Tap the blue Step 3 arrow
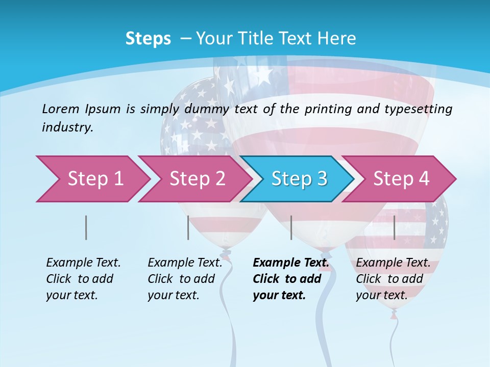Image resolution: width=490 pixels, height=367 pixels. (x=299, y=179)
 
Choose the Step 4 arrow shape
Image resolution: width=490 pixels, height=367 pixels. (x=401, y=179)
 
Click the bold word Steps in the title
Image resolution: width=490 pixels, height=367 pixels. (x=148, y=39)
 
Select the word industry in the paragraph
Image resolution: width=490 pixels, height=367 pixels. (x=67, y=127)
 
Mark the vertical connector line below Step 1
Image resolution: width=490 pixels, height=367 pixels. (x=86, y=227)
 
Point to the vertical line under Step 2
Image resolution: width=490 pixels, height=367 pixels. (x=188, y=227)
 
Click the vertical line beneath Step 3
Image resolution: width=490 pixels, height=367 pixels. (x=291, y=227)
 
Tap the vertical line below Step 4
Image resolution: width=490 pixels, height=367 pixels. (x=394, y=227)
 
